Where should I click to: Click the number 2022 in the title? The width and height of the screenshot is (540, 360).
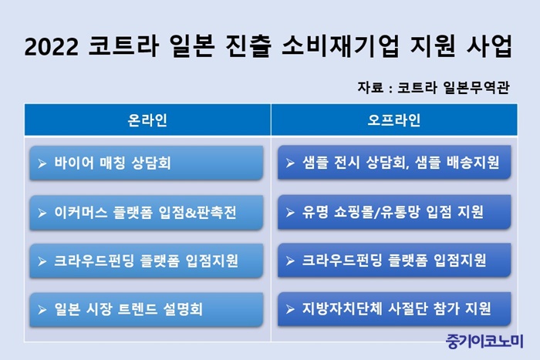click(x=52, y=46)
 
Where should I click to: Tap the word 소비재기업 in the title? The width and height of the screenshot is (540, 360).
click(x=341, y=45)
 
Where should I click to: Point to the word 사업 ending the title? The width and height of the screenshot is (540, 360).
click(x=489, y=45)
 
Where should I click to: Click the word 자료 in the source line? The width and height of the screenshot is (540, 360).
click(x=370, y=87)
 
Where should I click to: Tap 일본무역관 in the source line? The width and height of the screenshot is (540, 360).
click(x=476, y=87)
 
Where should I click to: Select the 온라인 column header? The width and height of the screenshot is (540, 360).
click(x=147, y=120)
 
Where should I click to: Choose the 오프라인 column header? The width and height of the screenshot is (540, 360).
click(x=394, y=120)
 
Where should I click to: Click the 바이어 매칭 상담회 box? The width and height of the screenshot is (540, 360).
click(x=147, y=163)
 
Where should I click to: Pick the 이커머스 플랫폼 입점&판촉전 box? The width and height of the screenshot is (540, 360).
click(x=147, y=212)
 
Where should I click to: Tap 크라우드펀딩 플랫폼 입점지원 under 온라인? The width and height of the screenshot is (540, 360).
click(x=147, y=261)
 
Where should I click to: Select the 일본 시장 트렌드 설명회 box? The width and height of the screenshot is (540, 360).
click(x=147, y=309)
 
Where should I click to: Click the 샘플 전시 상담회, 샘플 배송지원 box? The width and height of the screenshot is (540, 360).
click(x=394, y=162)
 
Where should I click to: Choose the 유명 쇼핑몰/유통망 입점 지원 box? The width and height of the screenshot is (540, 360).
click(x=394, y=212)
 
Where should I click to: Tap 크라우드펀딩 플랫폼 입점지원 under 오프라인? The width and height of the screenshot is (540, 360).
click(x=394, y=261)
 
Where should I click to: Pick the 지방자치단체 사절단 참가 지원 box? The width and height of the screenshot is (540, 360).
click(x=394, y=308)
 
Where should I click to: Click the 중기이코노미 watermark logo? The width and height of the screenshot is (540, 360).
click(x=484, y=341)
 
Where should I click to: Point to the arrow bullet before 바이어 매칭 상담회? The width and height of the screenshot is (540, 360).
click(x=42, y=163)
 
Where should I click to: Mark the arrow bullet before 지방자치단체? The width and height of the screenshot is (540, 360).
click(x=290, y=309)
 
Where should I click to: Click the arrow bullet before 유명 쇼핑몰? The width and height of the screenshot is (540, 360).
click(x=290, y=212)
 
